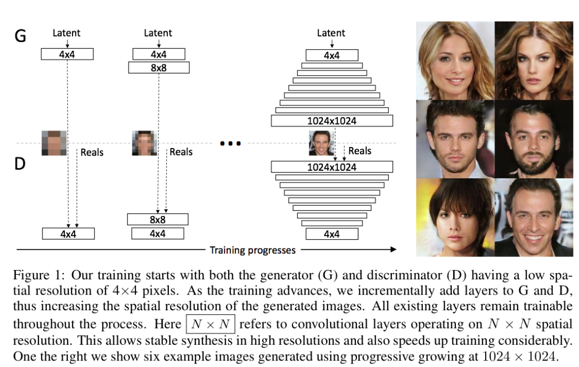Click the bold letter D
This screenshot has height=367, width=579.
(x=19, y=164)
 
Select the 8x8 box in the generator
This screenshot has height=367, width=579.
(x=159, y=67)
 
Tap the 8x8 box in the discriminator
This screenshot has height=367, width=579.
(x=158, y=219)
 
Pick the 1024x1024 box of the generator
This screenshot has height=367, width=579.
(x=332, y=121)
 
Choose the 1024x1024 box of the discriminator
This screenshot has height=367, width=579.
(x=332, y=167)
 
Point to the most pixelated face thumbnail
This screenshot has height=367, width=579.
(x=54, y=142)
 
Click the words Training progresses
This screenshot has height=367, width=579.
(x=252, y=249)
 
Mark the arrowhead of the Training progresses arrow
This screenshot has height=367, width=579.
(x=393, y=249)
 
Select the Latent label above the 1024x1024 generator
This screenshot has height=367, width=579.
(x=331, y=33)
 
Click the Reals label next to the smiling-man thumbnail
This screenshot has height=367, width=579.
(x=359, y=151)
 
